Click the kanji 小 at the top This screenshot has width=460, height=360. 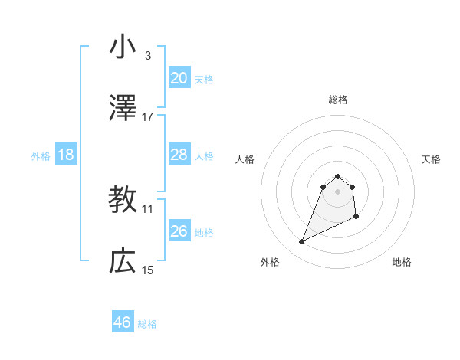tap(123, 47)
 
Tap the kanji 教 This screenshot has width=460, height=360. tap(123, 200)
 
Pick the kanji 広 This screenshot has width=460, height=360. tap(123, 261)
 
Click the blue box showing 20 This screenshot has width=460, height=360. tap(179, 78)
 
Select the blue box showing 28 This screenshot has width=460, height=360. tap(179, 155)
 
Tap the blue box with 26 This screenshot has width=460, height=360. tap(179, 231)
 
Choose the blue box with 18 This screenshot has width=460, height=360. tap(66, 155)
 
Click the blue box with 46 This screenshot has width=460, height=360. tap(123, 322)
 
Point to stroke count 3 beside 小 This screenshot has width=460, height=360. tap(147, 56)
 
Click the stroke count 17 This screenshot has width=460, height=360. tap(147, 117)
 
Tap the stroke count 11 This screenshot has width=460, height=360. tap(147, 208)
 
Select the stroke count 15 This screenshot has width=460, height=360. tap(147, 270)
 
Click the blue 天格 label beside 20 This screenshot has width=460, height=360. tap(204, 80)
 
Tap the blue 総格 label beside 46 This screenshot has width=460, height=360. tap(147, 324)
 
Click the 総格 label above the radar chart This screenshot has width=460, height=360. tap(338, 100)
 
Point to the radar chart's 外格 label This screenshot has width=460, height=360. tap(270, 262)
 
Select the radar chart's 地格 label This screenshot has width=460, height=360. tap(402, 262)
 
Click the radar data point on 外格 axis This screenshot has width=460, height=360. tap(302, 242)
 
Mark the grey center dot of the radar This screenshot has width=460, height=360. tap(338, 191)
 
